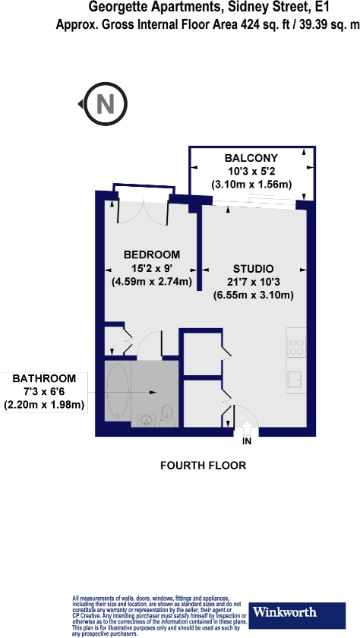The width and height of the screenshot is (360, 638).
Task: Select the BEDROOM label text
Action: coord(152,254)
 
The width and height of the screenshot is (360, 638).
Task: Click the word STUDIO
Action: coord(253,268)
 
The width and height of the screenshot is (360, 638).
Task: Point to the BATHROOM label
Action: coord(43,377)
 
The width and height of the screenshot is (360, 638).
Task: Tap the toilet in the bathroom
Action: coord(169,414)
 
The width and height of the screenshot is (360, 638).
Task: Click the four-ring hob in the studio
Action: coord(296,346)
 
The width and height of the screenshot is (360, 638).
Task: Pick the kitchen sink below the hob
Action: coord(295,379)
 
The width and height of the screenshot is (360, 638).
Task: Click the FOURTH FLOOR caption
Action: coord(203,465)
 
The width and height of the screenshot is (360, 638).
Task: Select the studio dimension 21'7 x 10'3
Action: coord(253,282)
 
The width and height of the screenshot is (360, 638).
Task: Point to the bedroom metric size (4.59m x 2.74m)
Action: coord(151,281)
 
